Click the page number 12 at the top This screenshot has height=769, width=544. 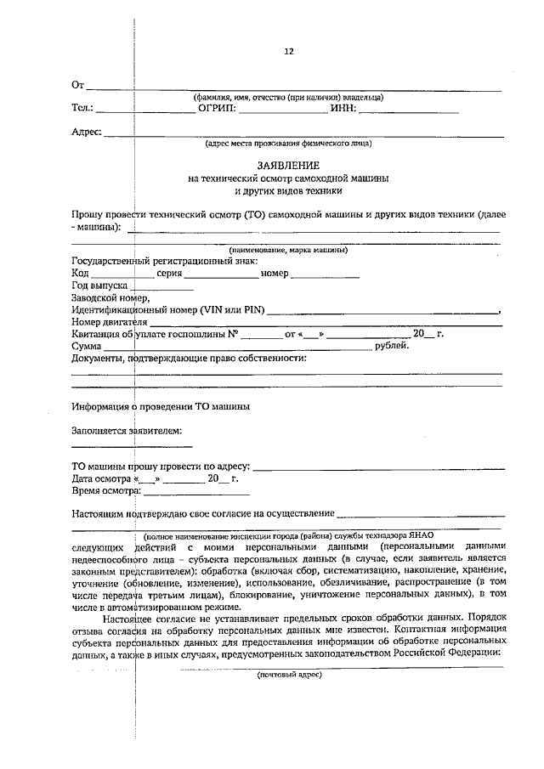click(288, 51)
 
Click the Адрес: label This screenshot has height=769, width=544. click(87, 133)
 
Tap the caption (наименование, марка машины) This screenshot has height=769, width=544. click(288, 250)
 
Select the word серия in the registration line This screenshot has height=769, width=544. click(170, 274)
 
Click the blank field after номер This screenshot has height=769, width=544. click(325, 275)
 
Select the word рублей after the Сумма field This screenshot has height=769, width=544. click(393, 345)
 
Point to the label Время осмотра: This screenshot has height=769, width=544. click(105, 490)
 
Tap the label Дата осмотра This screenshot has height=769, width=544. click(102, 478)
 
